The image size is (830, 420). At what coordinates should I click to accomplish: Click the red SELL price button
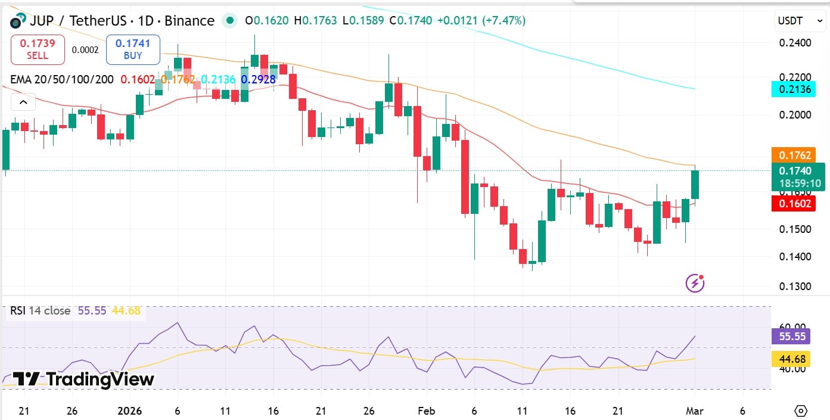37,49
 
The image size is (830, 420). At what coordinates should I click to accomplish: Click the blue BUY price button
133,49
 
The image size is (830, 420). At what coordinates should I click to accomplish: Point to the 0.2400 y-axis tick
795,43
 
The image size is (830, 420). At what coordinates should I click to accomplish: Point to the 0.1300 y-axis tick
795,286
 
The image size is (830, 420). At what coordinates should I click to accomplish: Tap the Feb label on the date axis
427,411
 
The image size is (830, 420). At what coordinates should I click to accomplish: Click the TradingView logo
83,379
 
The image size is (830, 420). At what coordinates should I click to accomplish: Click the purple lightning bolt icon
695,283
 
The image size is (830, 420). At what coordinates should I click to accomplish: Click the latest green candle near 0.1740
695,185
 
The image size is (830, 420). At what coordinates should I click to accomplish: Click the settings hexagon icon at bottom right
801,411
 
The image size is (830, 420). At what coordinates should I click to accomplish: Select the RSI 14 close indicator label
40,311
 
